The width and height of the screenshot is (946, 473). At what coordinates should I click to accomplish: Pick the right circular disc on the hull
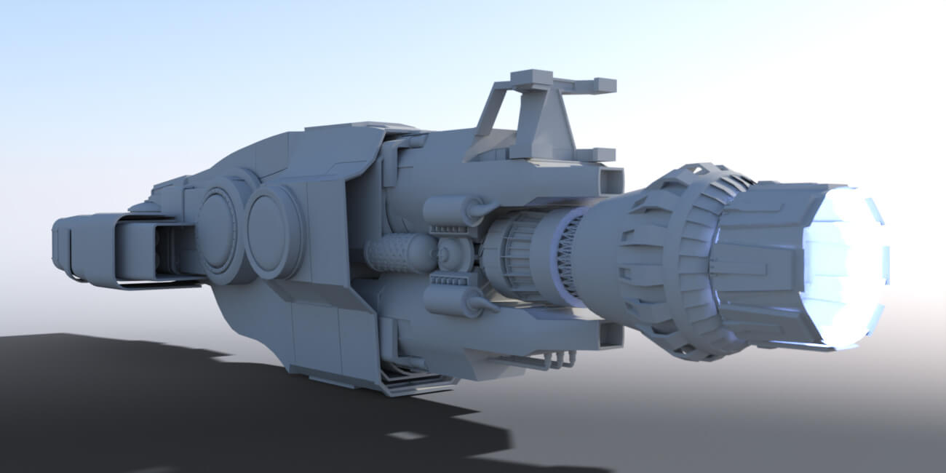(273, 231)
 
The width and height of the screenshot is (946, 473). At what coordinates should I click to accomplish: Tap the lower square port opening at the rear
(611, 335)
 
